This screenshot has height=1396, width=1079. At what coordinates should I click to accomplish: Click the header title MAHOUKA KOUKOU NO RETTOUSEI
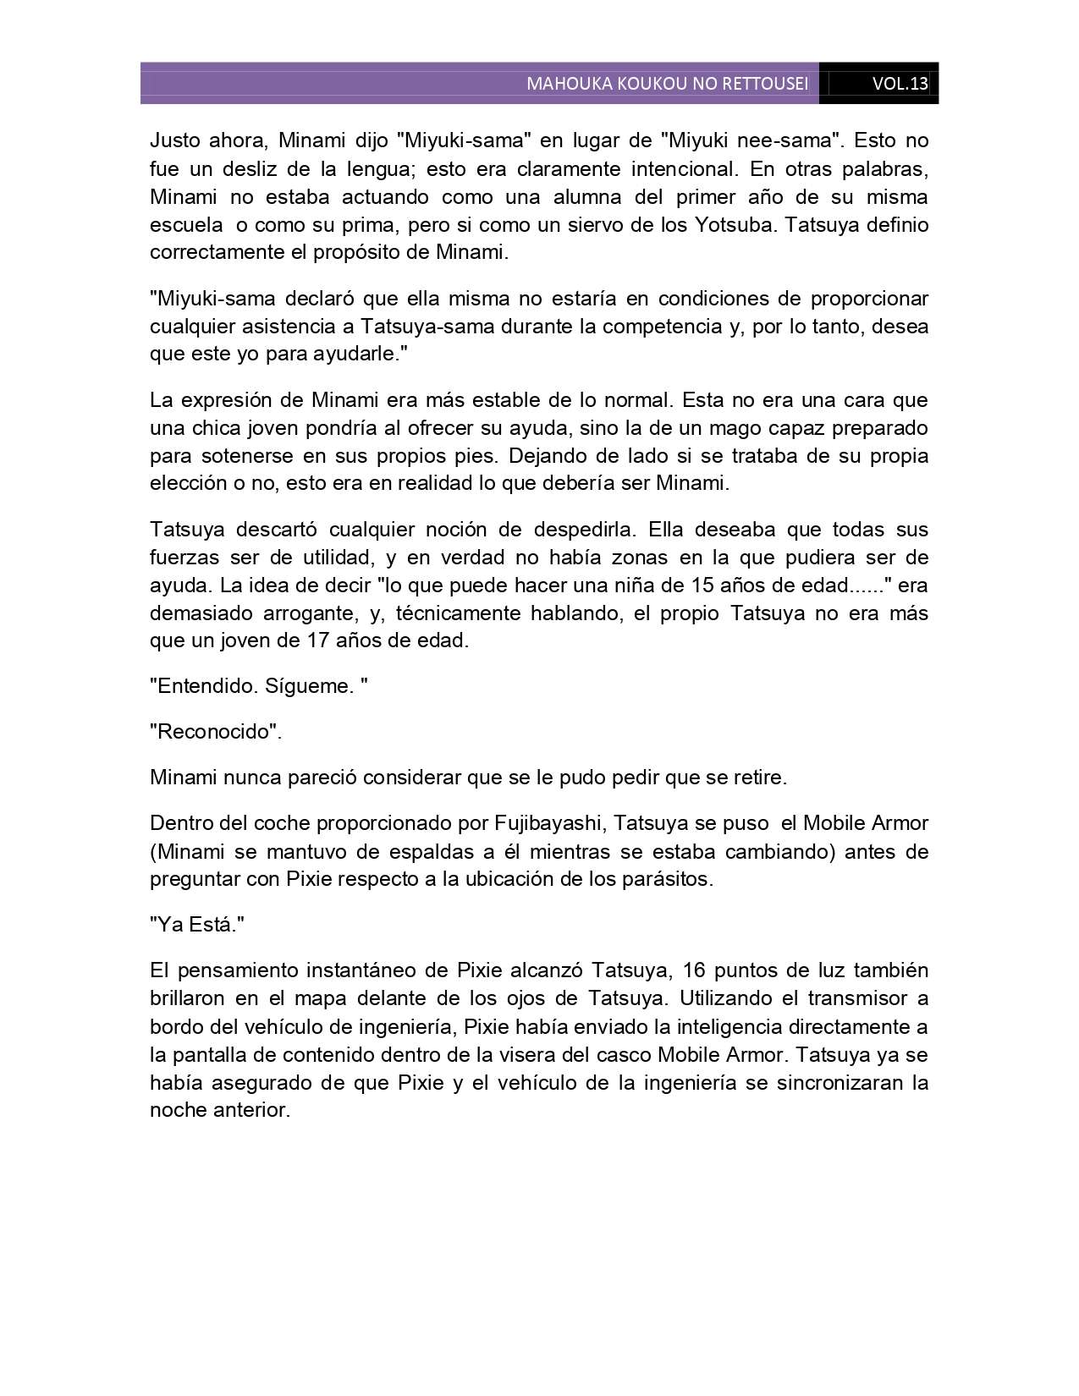pyautogui.click(x=667, y=84)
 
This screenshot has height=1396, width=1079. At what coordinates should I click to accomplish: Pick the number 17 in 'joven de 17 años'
pyautogui.click(x=314, y=640)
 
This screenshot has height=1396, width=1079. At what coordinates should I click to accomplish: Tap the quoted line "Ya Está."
pyautogui.click(x=197, y=925)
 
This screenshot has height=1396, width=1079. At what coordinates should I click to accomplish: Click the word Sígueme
pyautogui.click(x=309, y=686)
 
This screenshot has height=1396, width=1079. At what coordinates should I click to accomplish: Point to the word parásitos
pyautogui.click(x=668, y=879)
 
